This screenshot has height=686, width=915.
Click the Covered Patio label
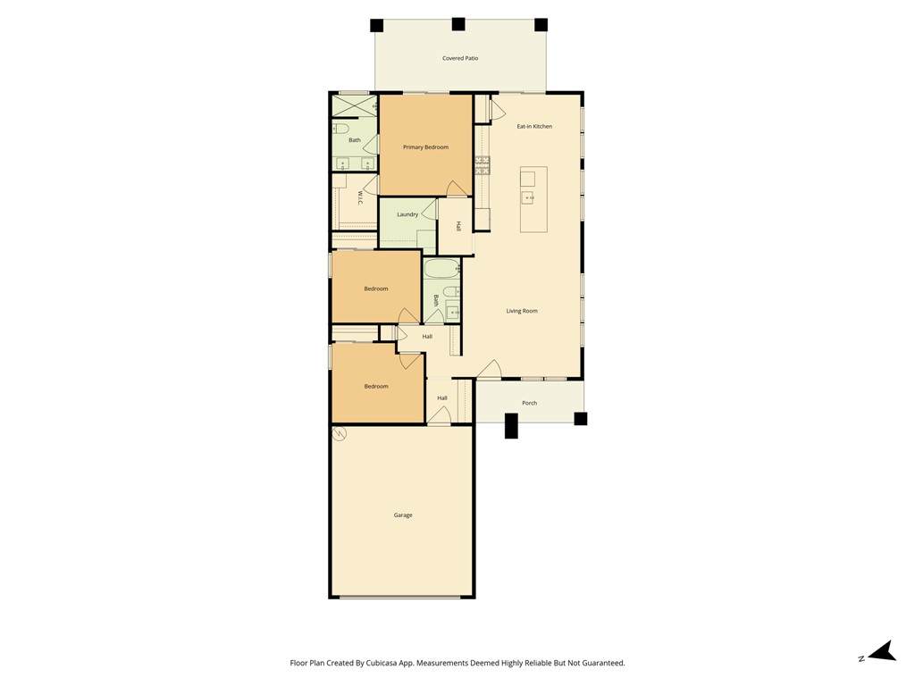pos(460,58)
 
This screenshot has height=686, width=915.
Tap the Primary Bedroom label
pos(425,147)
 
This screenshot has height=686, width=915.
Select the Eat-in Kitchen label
pos(534,126)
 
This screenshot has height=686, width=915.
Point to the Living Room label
pos(522,311)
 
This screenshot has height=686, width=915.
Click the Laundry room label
pos(407,214)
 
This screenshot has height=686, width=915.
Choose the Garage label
pos(403,515)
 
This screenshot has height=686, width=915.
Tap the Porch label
pos(529,403)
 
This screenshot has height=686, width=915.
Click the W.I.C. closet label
pos(360,197)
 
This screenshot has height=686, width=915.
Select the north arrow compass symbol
pos(883,651)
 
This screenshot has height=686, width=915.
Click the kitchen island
pos(534,199)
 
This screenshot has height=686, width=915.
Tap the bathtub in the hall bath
pos(441,269)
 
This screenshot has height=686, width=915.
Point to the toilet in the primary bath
pos(340,127)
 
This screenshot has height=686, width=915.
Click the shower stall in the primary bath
pos(354,105)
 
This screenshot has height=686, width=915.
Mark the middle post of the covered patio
pos(458,24)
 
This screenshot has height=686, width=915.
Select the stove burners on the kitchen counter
pos(483,165)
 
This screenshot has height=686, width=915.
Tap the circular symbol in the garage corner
pos(339,433)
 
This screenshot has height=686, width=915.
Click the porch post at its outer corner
pos(580,418)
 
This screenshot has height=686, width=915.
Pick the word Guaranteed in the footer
pos(605,663)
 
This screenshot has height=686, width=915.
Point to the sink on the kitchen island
pos(527,197)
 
